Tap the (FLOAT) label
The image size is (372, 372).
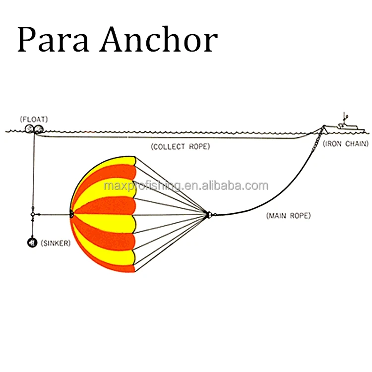click(34, 119)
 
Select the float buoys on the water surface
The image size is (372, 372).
click(33, 129)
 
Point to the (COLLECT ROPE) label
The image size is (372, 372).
click(181, 147)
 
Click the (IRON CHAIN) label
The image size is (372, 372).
click(346, 144)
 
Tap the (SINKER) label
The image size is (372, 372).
click(56, 243)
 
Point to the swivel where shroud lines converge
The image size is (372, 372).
click(209, 215)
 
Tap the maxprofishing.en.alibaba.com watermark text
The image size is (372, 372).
click(186, 186)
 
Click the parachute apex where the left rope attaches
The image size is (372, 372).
click(72, 214)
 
